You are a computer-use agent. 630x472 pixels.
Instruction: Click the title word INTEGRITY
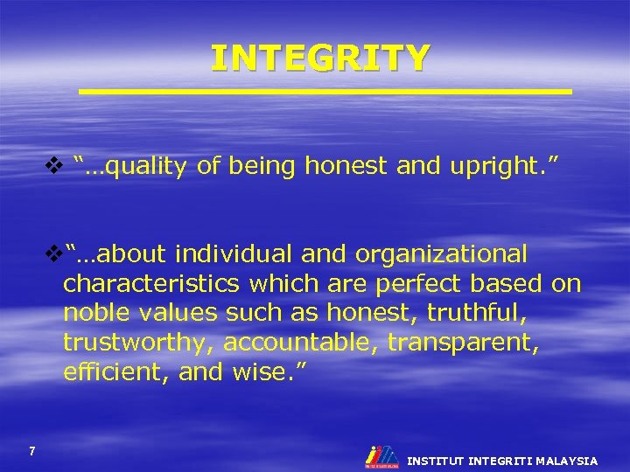click(320, 59)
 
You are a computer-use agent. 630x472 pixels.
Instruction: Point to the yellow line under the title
click(325, 91)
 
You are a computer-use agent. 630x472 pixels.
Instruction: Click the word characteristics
click(152, 284)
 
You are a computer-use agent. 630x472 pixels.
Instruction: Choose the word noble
click(96, 313)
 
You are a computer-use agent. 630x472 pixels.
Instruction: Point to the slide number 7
click(32, 451)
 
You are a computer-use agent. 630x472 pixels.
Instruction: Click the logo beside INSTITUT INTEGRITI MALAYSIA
click(381, 455)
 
